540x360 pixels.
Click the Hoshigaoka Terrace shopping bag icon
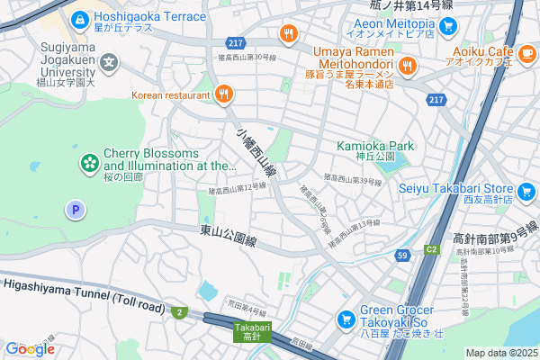(80, 17)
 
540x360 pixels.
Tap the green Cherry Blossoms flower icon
(90, 162)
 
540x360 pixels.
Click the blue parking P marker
(76, 211)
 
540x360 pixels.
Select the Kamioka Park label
(374, 145)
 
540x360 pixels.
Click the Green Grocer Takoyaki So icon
(345, 319)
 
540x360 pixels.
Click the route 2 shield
(180, 311)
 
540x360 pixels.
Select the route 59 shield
(402, 256)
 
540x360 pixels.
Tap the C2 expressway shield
(432, 248)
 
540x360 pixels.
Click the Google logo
(30, 348)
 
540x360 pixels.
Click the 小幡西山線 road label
(256, 152)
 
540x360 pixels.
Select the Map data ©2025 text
(499, 353)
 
